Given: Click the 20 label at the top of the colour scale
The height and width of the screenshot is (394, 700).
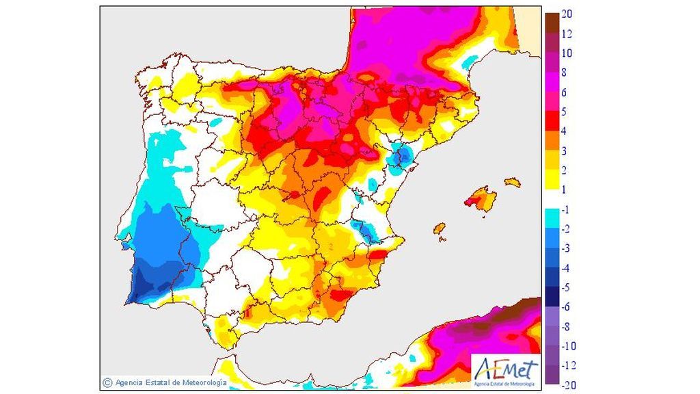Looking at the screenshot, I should pos(567,14).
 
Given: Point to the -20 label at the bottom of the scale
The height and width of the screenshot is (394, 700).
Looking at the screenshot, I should pos(567,385).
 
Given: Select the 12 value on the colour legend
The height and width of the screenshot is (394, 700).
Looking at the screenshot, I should pos(567,34).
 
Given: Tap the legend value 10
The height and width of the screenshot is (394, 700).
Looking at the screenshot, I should pos(567,53).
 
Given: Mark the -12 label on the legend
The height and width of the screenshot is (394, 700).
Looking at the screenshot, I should pos(567,365).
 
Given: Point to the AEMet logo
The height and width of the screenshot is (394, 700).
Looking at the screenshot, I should pos(504,369).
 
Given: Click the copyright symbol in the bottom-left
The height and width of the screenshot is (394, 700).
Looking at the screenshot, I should pos(107,382).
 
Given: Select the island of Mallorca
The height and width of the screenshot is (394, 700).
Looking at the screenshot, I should pos(483,200).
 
